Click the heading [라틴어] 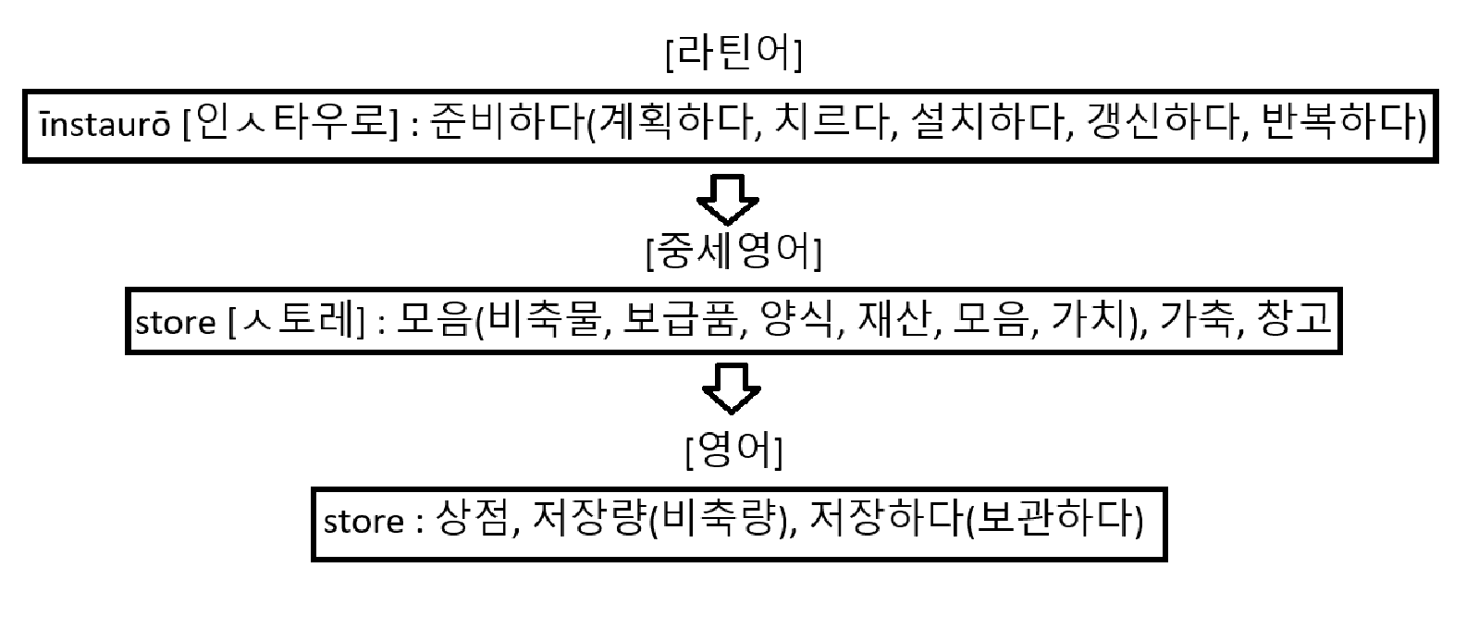(x=733, y=55)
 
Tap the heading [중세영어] (x=733, y=251)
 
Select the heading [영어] (x=733, y=450)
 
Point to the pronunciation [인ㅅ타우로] (x=291, y=124)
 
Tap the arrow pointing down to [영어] (x=732, y=387)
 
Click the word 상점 (x=469, y=520)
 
